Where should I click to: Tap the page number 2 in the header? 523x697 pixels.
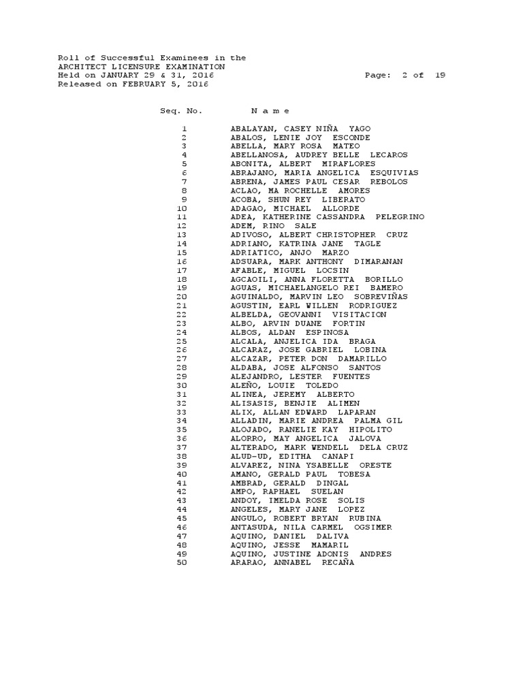[405, 76]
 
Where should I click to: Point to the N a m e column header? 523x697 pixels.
[270, 111]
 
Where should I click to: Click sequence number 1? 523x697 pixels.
[184, 129]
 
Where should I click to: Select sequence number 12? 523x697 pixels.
[182, 226]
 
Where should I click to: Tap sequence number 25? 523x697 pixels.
[182, 341]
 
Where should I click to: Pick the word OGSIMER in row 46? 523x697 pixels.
[374, 527]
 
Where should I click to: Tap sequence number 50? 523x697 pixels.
[182, 562]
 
